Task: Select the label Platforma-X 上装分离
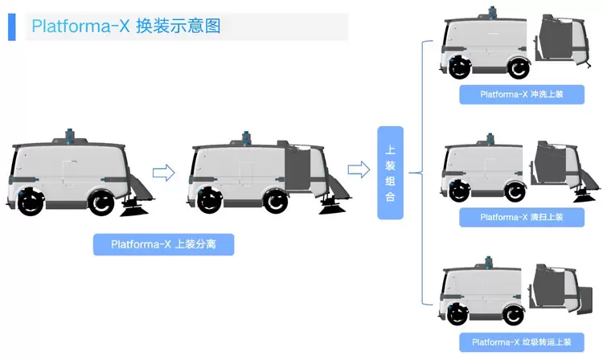[163, 244]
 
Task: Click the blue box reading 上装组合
[390, 173]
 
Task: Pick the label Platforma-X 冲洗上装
[521, 94]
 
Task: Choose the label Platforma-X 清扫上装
[521, 217]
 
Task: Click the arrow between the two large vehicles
[163, 172]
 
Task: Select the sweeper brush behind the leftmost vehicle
[133, 208]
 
